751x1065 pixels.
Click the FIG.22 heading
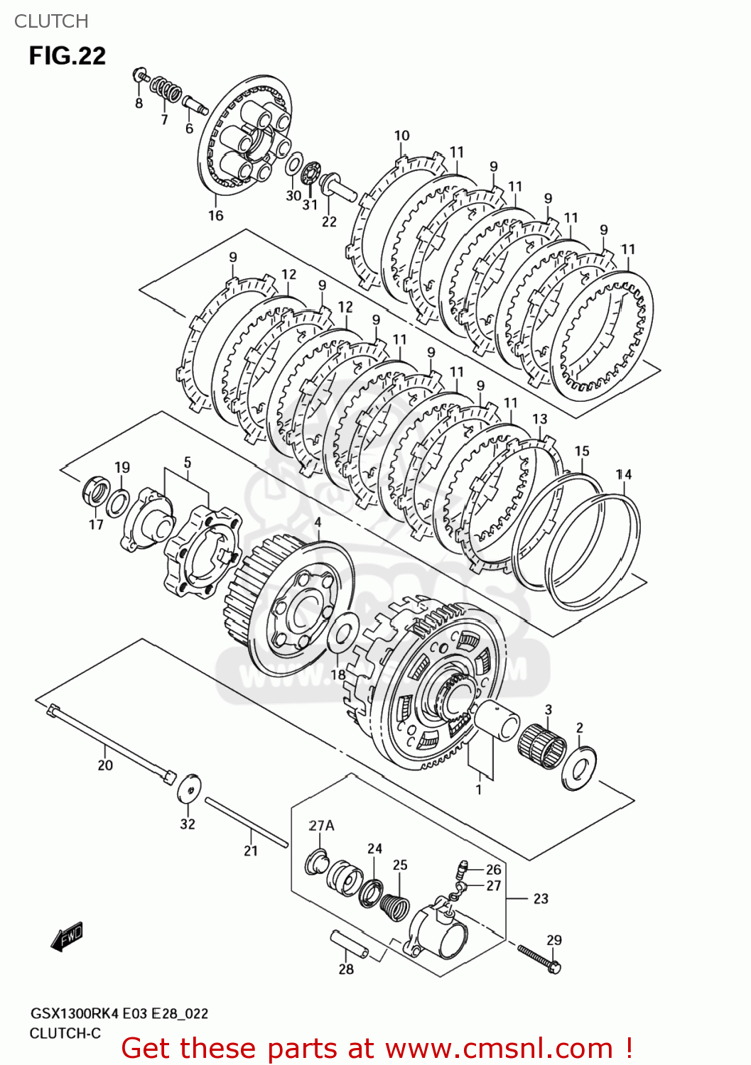point(67,55)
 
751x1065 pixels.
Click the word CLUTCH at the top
point(51,21)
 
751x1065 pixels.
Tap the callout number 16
point(216,215)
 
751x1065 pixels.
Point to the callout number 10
point(401,136)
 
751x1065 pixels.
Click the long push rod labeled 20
point(110,743)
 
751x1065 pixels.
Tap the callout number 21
point(251,851)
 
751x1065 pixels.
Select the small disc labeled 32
point(189,788)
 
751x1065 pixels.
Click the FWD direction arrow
point(67,936)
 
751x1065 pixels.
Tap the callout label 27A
point(321,826)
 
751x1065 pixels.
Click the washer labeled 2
point(578,768)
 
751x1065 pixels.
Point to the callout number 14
point(623,474)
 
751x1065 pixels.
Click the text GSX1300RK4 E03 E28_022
point(119,1014)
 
